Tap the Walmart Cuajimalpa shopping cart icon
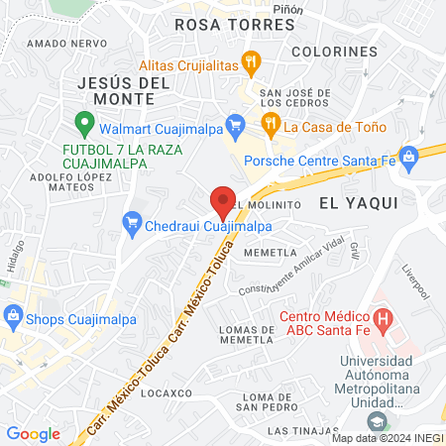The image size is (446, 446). [235, 124]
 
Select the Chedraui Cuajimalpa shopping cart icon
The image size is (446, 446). [131, 226]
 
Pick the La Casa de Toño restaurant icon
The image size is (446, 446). [269, 125]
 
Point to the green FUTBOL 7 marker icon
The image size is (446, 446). [85, 125]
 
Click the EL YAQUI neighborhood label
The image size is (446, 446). [358, 201]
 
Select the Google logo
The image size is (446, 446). [33, 433]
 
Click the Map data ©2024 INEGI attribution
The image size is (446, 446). [387, 438]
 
